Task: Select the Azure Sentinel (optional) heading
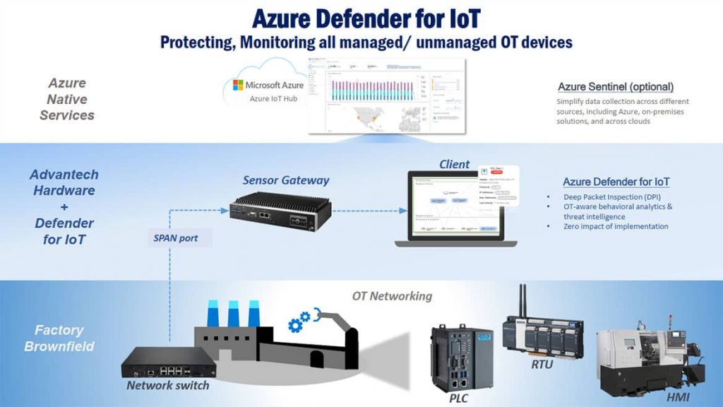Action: [x=616, y=87]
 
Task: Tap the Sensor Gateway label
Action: [x=286, y=180]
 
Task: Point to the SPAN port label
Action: [x=175, y=238]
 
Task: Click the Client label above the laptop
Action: [x=454, y=165]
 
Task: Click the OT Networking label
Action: [x=392, y=296]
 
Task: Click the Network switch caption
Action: [x=167, y=386]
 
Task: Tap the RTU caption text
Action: [x=543, y=365]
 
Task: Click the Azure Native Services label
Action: [x=66, y=99]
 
